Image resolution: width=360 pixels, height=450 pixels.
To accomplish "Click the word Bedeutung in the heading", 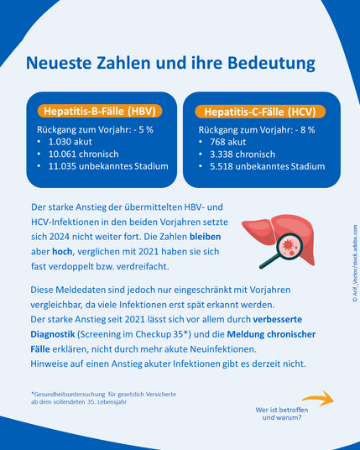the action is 271,63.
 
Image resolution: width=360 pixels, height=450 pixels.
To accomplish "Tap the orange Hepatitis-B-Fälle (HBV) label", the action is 100,111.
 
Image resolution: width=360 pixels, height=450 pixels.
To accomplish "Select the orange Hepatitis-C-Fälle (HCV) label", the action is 260,112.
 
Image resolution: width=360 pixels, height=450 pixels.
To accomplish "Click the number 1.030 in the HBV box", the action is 60,142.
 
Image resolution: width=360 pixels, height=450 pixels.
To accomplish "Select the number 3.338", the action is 222,154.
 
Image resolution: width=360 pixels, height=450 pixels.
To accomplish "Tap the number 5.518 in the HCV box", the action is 222,166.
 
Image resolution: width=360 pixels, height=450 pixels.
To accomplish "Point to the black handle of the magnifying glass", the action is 269,261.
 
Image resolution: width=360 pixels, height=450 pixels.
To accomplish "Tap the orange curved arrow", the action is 318,398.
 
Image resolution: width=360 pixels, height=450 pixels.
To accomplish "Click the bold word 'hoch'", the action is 62,252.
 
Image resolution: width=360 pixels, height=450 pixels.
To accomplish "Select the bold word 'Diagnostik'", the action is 53,334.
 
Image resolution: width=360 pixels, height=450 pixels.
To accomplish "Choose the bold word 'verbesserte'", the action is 277,319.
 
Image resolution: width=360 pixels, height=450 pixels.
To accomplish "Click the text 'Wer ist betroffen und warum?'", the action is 282,414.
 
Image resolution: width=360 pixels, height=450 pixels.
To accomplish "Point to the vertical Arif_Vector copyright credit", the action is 355,263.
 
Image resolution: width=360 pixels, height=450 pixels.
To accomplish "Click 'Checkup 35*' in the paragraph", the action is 163,334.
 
